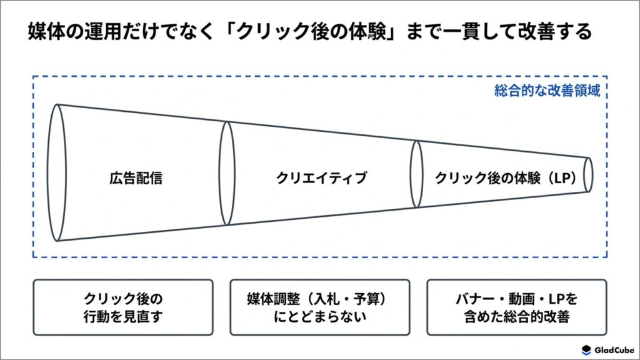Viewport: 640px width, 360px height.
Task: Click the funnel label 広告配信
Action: click(136, 178)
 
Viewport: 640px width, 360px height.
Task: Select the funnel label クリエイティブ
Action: click(321, 178)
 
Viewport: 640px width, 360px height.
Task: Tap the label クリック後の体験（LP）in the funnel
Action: click(505, 178)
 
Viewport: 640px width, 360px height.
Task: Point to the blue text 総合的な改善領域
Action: click(547, 91)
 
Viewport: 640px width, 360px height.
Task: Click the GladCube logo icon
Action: click(586, 350)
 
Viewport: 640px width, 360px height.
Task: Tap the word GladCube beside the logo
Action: click(614, 350)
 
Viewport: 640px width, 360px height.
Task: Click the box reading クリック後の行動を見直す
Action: click(123, 307)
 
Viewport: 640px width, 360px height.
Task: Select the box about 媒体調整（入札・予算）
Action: click(319, 307)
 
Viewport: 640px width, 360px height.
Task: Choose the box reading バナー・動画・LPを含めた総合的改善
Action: click(517, 307)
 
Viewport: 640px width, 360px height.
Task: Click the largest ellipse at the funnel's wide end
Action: click(47, 172)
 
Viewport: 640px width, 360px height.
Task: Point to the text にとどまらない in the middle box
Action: click(319, 317)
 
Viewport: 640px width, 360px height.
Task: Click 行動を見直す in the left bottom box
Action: click(123, 317)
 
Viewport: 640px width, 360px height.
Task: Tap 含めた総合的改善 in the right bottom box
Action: click(517, 317)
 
